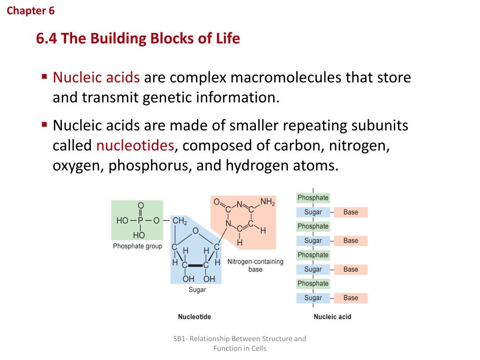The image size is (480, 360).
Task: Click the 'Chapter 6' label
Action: [x=30, y=11]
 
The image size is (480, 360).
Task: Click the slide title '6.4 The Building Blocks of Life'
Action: [x=138, y=38]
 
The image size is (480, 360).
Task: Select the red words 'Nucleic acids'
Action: [x=96, y=77]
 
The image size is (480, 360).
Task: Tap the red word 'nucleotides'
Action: [x=135, y=146]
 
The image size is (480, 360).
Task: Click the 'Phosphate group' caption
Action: [x=137, y=246]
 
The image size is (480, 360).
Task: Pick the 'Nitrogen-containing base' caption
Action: [x=255, y=265]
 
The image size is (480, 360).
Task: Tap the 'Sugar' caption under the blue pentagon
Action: [x=197, y=290]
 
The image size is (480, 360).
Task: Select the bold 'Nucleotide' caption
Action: [x=195, y=317]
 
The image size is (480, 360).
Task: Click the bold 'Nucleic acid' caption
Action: [x=332, y=317]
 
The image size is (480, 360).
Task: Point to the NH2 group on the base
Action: [x=268, y=202]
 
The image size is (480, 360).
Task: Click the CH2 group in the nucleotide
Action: [x=180, y=221]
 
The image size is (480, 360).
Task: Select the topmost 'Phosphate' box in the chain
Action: [x=313, y=198]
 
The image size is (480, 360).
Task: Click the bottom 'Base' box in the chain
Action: [x=351, y=298]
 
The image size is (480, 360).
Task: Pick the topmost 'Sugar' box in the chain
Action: [x=313, y=212]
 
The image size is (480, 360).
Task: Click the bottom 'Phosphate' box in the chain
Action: [x=313, y=284]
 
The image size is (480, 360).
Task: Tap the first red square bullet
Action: [x=45, y=75]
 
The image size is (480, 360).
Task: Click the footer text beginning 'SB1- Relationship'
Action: [x=240, y=343]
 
